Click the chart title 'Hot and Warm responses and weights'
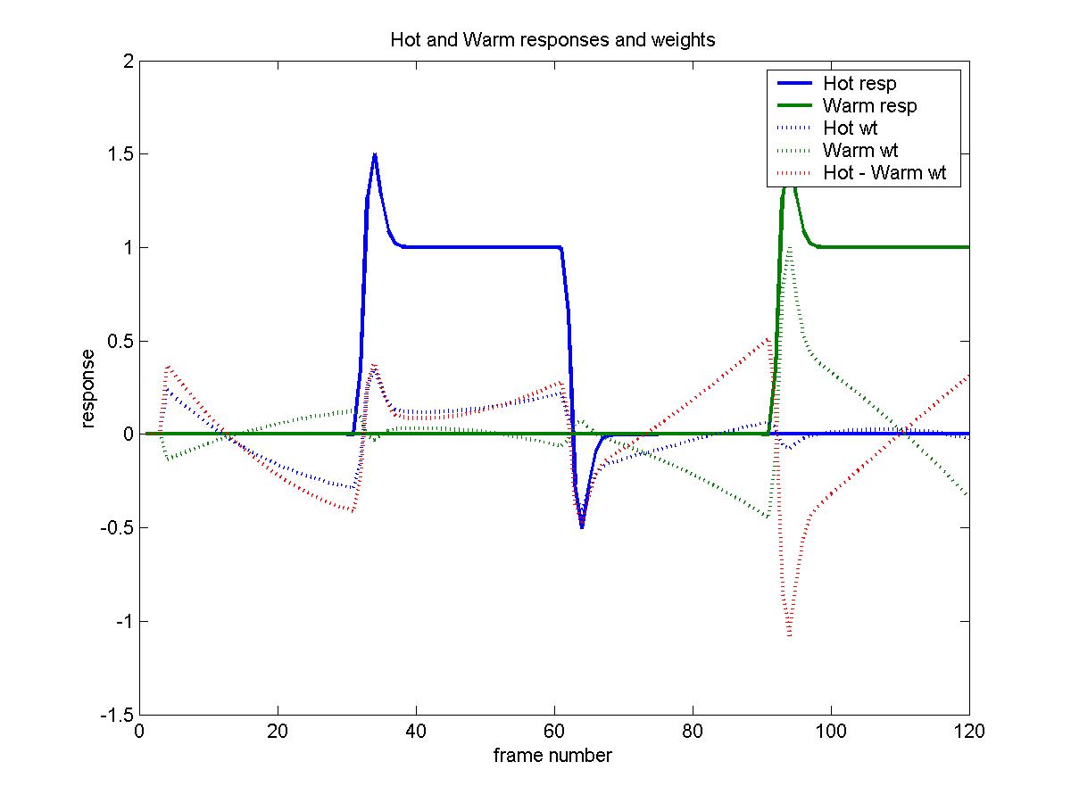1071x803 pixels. click(x=552, y=40)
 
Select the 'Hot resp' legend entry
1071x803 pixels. click(x=859, y=84)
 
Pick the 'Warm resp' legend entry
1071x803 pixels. click(x=869, y=105)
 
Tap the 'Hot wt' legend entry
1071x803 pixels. click(x=850, y=128)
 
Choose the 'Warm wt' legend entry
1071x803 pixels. click(x=859, y=150)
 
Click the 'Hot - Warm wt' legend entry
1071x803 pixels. click(x=884, y=172)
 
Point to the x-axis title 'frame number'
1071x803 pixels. click(x=552, y=756)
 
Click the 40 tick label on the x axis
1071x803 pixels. click(x=416, y=730)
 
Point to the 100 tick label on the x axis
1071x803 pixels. click(x=831, y=730)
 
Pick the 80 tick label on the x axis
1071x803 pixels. click(x=693, y=730)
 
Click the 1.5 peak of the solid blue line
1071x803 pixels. click(x=375, y=154)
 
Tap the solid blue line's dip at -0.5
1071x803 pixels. click(x=582, y=526)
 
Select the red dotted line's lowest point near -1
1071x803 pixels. click(x=790, y=634)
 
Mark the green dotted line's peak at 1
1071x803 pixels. click(x=790, y=248)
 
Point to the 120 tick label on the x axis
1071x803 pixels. click(x=969, y=730)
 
